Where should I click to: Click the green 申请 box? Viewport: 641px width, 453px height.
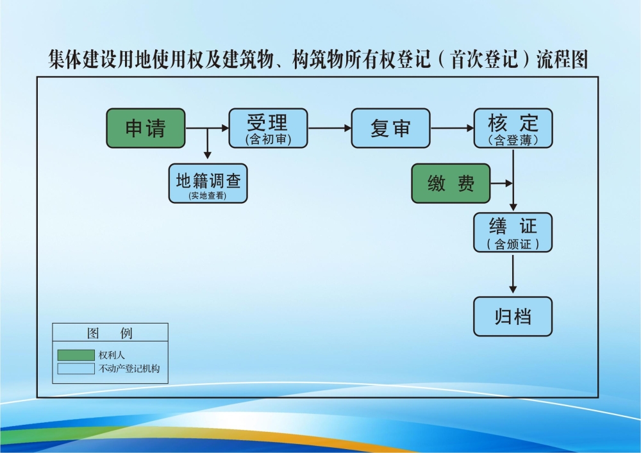pyautogui.click(x=146, y=128)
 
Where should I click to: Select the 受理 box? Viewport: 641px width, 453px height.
pyautogui.click(x=268, y=128)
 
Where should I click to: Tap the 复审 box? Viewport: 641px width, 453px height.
pyautogui.click(x=390, y=128)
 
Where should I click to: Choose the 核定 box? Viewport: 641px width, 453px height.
pyautogui.click(x=513, y=128)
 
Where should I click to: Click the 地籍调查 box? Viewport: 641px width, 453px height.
pyautogui.click(x=208, y=183)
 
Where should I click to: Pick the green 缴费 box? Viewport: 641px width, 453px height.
pyautogui.click(x=451, y=183)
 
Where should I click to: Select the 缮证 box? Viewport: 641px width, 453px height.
pyautogui.click(x=513, y=232)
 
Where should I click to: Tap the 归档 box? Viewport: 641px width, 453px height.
pyautogui.click(x=513, y=317)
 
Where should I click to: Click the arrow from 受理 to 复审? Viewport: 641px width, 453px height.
pyautogui.click(x=329, y=128)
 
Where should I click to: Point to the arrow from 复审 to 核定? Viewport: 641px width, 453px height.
pyautogui.click(x=452, y=128)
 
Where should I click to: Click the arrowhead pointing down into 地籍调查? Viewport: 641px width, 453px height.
pyautogui.click(x=207, y=154)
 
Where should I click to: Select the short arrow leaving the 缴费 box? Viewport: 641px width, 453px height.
pyautogui.click(x=501, y=183)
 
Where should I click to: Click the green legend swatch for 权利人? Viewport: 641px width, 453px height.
pyautogui.click(x=76, y=355)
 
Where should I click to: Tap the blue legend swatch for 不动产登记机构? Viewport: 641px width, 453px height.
pyautogui.click(x=76, y=369)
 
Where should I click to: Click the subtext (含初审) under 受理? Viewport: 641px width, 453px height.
pyautogui.click(x=268, y=139)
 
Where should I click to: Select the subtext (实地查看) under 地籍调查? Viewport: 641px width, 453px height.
pyautogui.click(x=208, y=195)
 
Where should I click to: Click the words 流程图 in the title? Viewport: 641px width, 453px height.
pyautogui.click(x=563, y=60)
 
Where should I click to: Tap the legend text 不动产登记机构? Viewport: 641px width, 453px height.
pyautogui.click(x=129, y=369)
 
